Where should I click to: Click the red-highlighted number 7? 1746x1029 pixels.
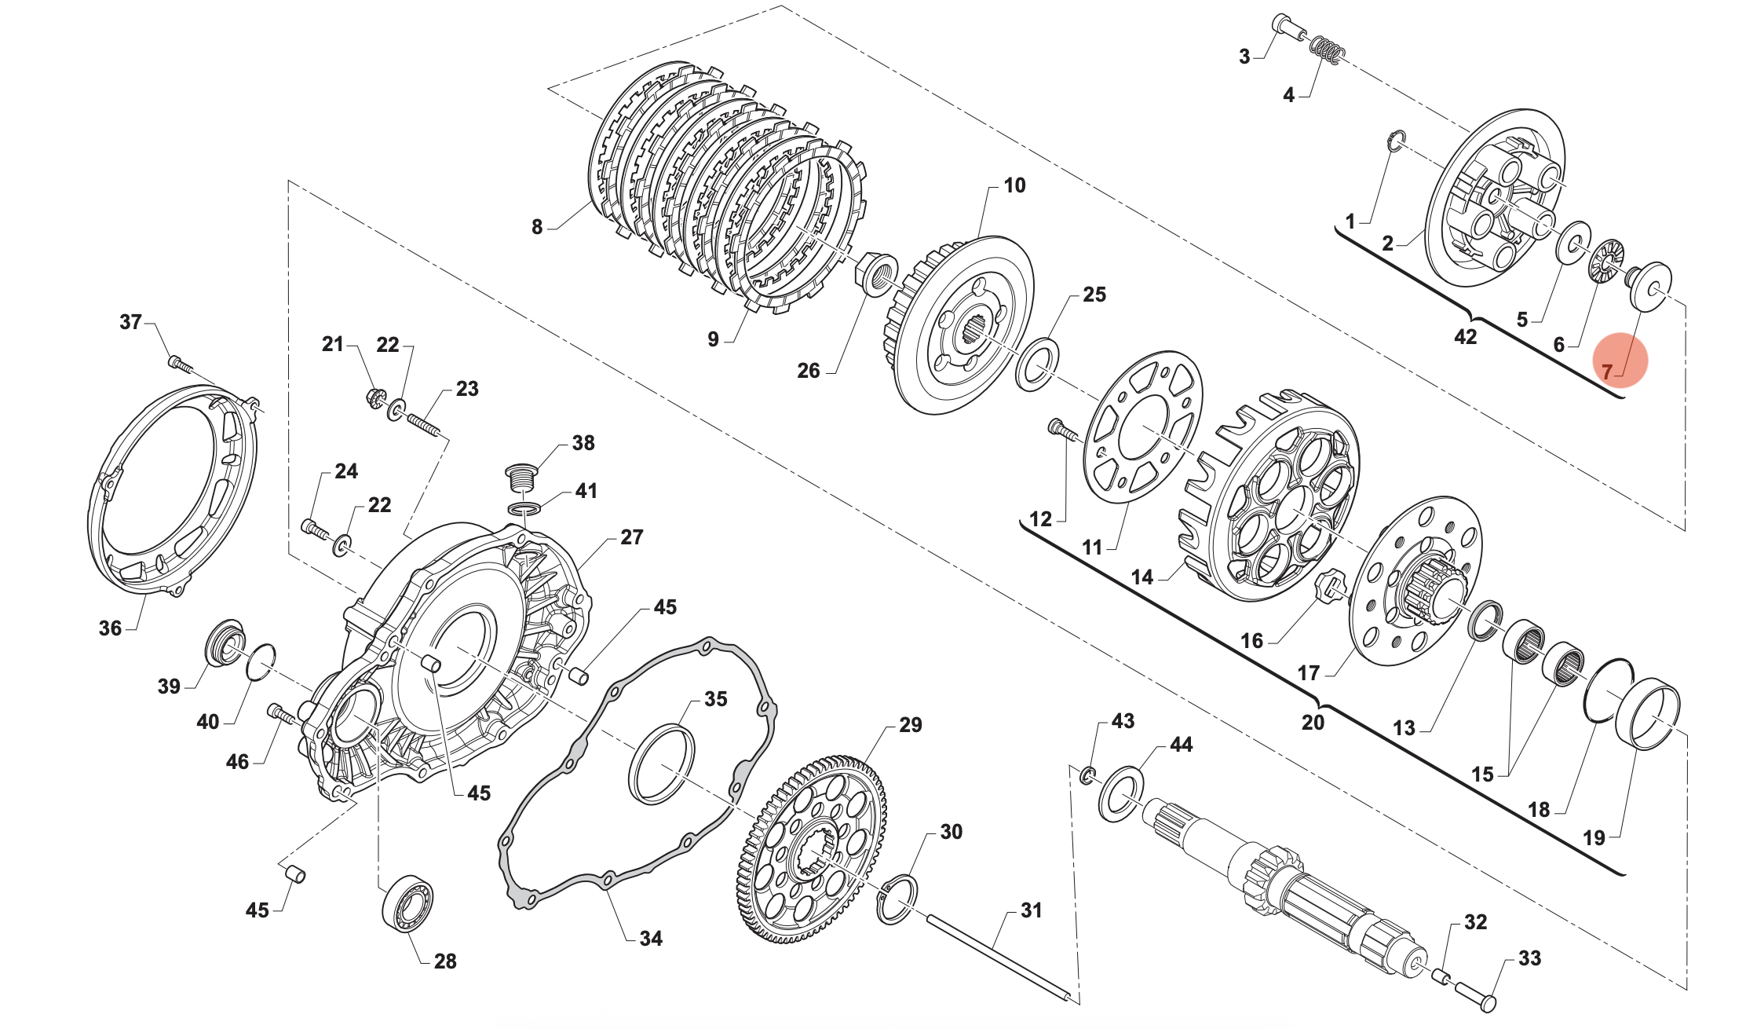pos(1606,372)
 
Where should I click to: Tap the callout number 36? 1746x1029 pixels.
pos(110,628)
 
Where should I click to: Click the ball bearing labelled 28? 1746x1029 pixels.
pos(407,903)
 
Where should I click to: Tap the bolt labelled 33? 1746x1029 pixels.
pos(1476,995)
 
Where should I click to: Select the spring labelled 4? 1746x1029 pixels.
pos(1327,50)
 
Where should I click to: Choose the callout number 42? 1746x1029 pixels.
pos(1465,337)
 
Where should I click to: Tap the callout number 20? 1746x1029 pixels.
pos(1313,722)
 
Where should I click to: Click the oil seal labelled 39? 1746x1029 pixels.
pos(225,640)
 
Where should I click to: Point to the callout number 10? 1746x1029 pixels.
pos(1014,185)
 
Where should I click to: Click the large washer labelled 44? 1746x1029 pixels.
pos(1120,793)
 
